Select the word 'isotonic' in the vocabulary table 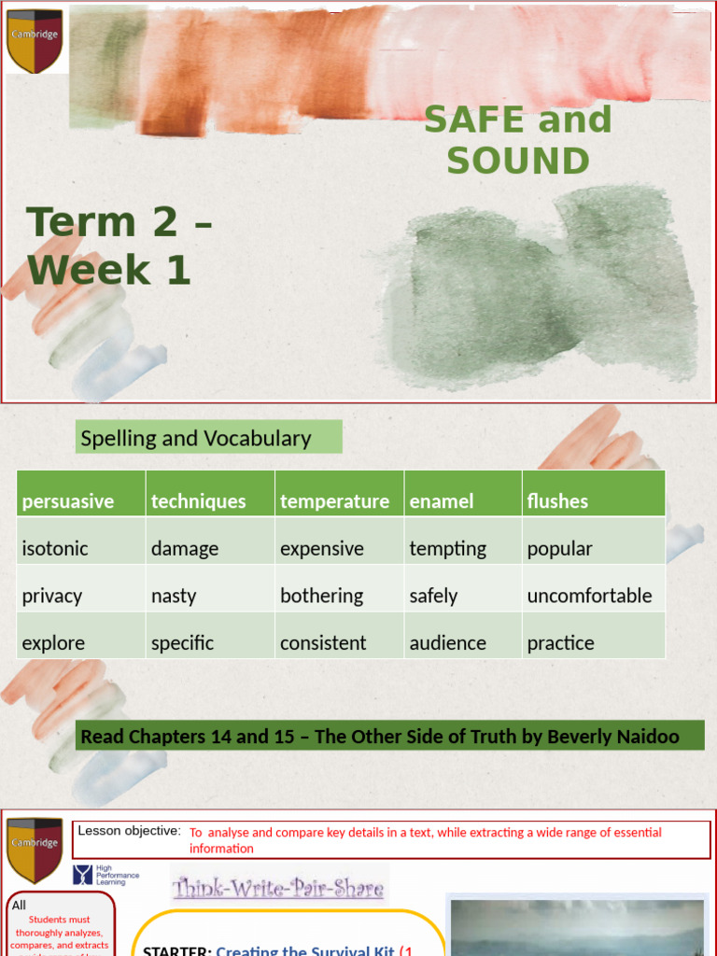pos(54,548)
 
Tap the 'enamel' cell pos(442,501)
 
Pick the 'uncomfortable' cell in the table pos(589,596)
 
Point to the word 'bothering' pos(321,596)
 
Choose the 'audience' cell pos(447,642)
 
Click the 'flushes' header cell pos(557,501)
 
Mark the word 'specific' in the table pos(182,642)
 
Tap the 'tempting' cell pos(447,548)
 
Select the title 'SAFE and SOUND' pos(518,140)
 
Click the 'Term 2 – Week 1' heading pos(119,246)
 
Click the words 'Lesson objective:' pos(129,831)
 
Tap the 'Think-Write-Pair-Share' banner pos(278,887)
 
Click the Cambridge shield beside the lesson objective pos(35,850)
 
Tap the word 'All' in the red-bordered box pos(20,905)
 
